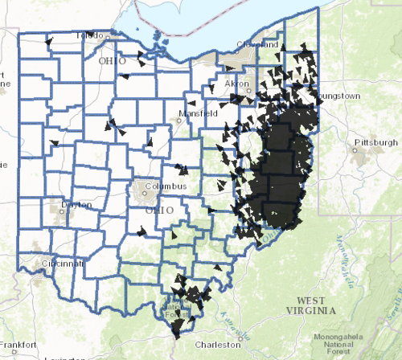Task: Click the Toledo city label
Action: click(90, 36)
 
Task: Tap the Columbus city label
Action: click(166, 186)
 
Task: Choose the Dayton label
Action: click(76, 205)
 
